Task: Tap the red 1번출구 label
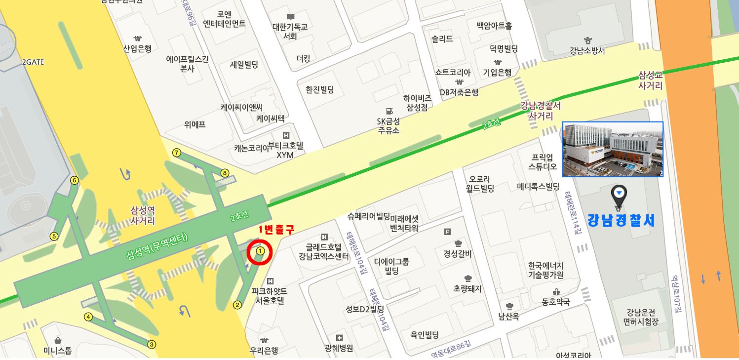276,230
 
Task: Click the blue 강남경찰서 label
621,220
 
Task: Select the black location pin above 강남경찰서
619,196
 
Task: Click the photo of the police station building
613,149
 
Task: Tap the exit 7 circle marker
177,153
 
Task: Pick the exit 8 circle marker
225,173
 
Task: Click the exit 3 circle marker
152,345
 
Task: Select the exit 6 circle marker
75,180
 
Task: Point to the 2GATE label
33,62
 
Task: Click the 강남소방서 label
587,51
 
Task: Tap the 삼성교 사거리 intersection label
650,80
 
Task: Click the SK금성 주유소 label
389,125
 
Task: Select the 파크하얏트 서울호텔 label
270,296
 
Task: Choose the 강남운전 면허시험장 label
640,317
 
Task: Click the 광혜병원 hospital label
339,348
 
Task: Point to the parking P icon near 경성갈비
448,232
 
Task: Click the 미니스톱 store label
57,351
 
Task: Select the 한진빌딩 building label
320,89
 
